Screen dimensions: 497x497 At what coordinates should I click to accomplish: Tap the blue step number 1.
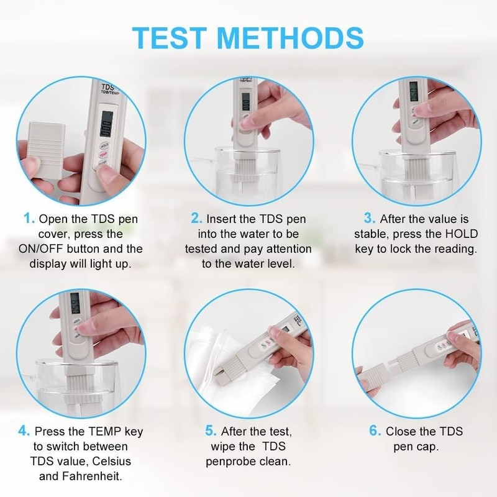(29, 219)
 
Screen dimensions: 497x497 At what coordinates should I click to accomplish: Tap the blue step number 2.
(196, 219)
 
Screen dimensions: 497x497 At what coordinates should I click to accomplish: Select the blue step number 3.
(369, 219)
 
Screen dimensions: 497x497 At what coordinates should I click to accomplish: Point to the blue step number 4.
(24, 431)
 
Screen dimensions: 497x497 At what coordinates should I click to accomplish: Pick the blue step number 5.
(211, 431)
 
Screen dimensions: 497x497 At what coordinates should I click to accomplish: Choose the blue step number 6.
(375, 431)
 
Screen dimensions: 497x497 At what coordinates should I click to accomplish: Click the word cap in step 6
(429, 446)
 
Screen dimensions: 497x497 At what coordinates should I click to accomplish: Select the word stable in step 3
(371, 234)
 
